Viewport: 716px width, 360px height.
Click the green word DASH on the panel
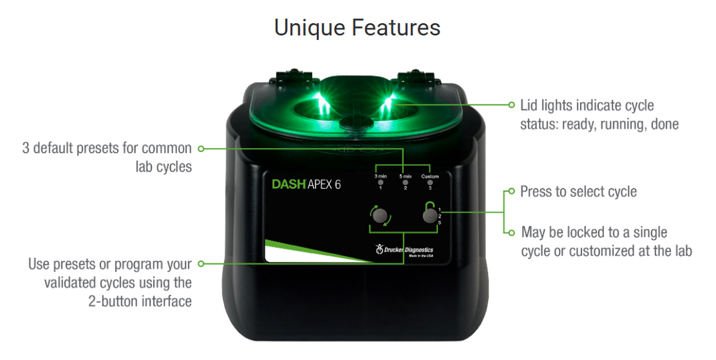click(x=288, y=184)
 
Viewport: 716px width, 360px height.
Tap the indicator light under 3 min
click(x=381, y=182)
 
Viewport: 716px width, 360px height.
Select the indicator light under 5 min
click(x=405, y=182)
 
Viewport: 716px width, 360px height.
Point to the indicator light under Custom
click(x=430, y=182)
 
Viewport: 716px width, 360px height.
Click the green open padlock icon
click(x=428, y=205)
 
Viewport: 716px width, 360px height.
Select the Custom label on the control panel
click(x=430, y=176)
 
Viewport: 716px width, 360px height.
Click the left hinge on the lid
click(x=294, y=77)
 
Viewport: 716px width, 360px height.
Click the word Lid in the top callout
click(x=529, y=105)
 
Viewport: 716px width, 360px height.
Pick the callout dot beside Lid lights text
click(x=511, y=105)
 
